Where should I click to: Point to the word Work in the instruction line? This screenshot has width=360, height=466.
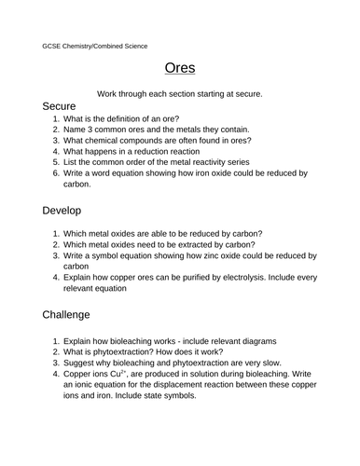[107, 93]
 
